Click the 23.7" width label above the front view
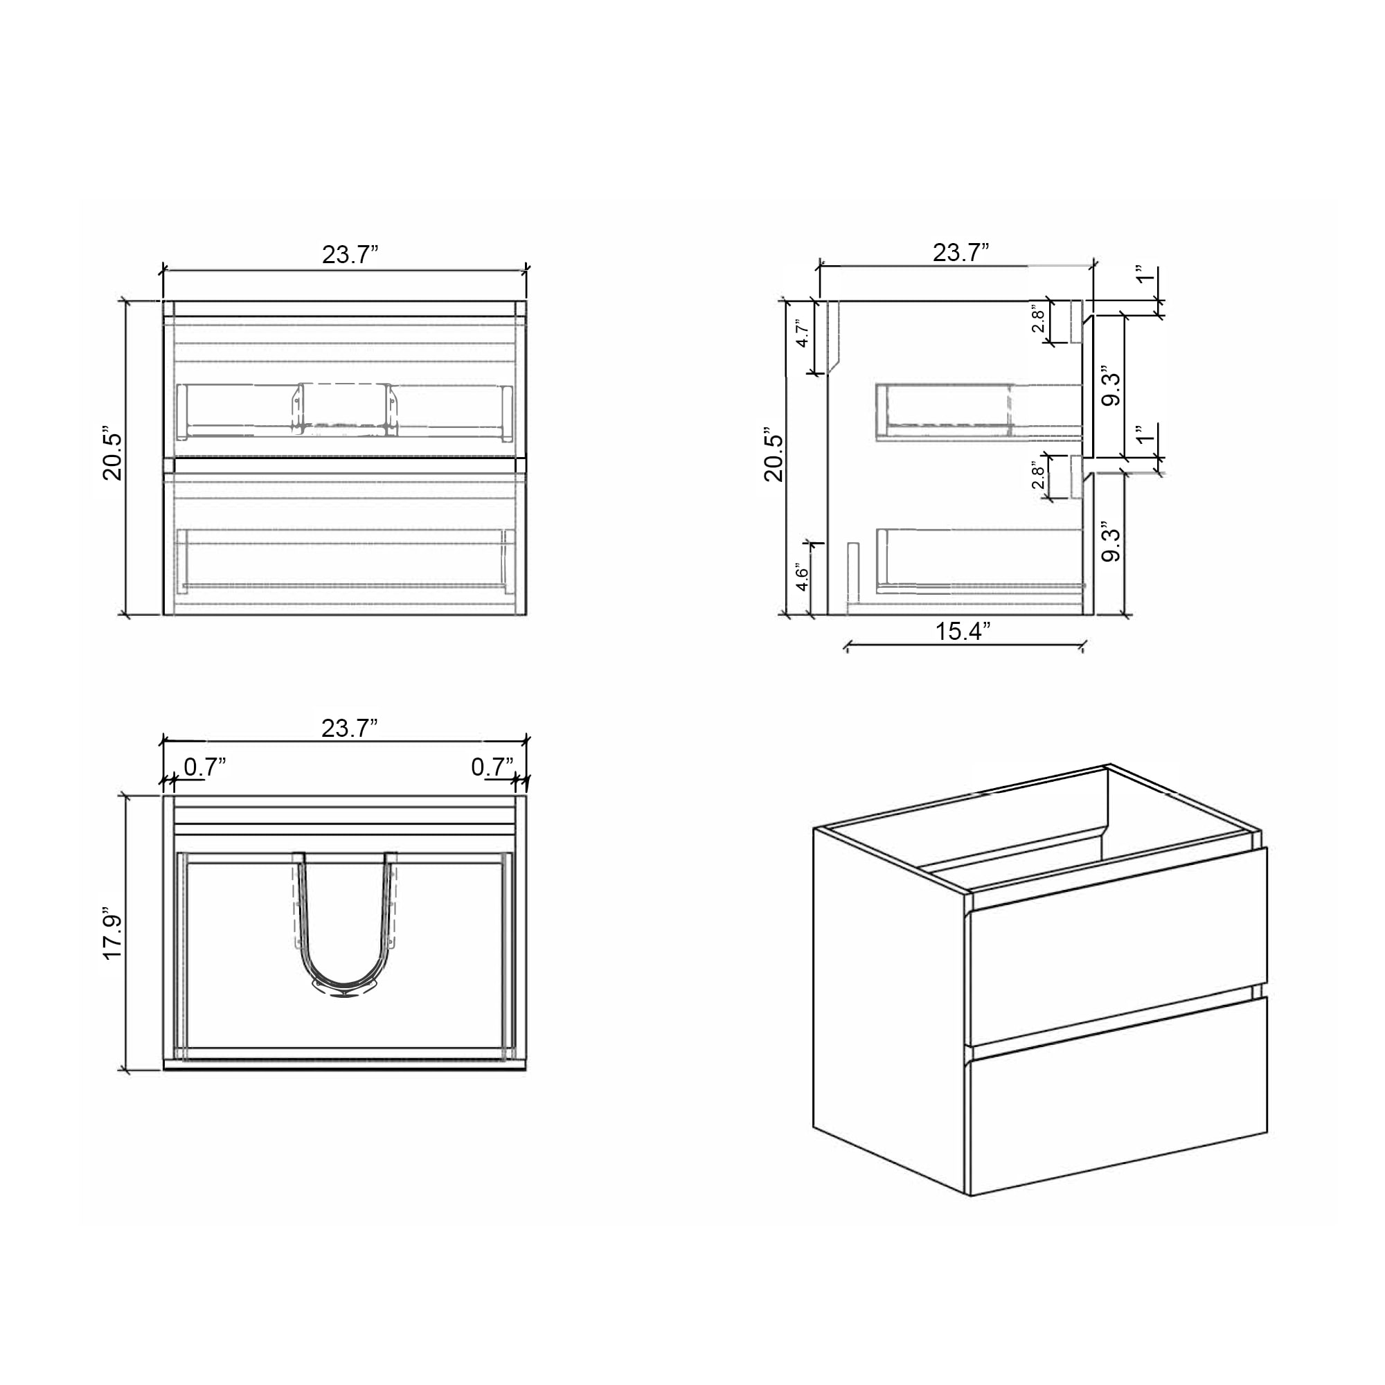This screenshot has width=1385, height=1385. click(350, 254)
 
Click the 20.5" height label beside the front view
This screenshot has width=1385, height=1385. click(113, 456)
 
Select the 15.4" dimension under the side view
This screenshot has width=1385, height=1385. click(963, 632)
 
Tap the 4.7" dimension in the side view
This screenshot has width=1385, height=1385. click(803, 333)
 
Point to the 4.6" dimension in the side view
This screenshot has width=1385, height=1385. click(803, 578)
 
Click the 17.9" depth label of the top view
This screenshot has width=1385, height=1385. click(113, 936)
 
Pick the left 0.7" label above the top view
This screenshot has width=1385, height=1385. click(205, 767)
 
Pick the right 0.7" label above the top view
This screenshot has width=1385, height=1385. click(492, 767)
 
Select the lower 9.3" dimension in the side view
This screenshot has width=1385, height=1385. click(1111, 544)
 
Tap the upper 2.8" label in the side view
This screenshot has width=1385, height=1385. click(1038, 321)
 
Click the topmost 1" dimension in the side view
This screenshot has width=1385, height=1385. click(1145, 274)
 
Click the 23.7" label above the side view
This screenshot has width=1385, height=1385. click(960, 253)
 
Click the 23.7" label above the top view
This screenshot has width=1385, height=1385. click(349, 729)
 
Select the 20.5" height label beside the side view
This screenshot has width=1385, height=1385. click(774, 456)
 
